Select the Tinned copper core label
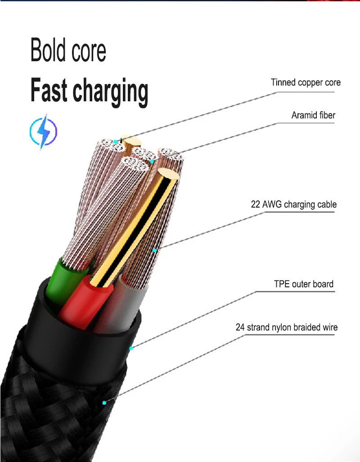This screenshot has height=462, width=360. pyautogui.click(x=306, y=82)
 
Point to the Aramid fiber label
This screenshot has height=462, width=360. pyautogui.click(x=313, y=115)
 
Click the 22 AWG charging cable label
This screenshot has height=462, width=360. pyautogui.click(x=293, y=204)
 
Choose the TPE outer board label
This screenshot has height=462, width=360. pyautogui.click(x=304, y=284)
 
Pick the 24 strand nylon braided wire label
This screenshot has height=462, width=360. pyautogui.click(x=286, y=327)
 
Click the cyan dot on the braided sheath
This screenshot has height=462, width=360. pyautogui.click(x=105, y=402)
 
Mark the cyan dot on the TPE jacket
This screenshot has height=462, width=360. pyautogui.click(x=131, y=348)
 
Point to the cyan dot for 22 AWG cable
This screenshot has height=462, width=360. pyautogui.click(x=155, y=249)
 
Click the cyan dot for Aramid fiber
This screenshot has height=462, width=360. pyautogui.click(x=152, y=161)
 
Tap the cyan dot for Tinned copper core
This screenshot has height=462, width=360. pyautogui.click(x=116, y=141)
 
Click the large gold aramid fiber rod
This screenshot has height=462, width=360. pyautogui.click(x=135, y=225)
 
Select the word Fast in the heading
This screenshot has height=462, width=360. pyautogui.click(x=49, y=91)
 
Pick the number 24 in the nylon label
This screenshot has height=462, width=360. pyautogui.click(x=240, y=327)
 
